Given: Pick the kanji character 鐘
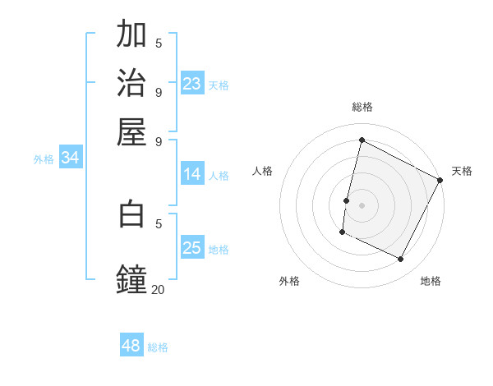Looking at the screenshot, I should pos(131,278).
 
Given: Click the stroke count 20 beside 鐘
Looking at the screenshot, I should pos(158,289).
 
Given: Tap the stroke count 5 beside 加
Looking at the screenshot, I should pos(159,43).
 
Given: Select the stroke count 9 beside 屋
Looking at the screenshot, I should pos(159,140).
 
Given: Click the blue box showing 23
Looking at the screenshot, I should pos(192,84).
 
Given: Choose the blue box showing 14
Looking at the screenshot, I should pos(192,174).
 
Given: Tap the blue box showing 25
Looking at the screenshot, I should pos(192,248).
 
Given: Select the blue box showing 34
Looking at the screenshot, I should pos(70,159).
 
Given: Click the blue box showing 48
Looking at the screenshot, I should pos(131,346).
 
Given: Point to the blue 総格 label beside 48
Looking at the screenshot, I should pos(158,347).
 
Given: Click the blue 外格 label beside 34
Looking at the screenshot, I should pos(44,159).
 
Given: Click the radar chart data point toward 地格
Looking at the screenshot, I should pos(401,260).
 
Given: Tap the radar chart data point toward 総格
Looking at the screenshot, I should pos(362,140).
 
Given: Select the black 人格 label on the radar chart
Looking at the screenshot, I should pos(262,171).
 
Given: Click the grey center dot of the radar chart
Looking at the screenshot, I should pos(362,204).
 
